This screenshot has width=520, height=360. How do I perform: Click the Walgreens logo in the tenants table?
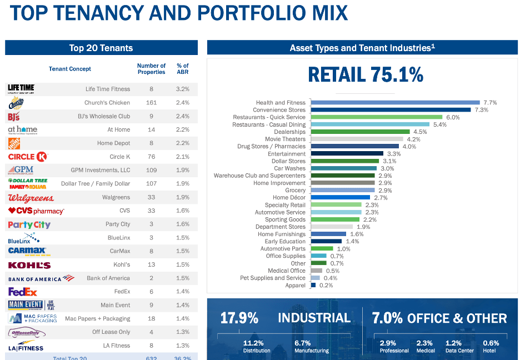pyautogui.click(x=31, y=197)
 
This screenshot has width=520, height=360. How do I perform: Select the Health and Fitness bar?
pyautogui.click(x=394, y=103)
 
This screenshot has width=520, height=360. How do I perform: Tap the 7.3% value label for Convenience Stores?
pyautogui.click(x=481, y=110)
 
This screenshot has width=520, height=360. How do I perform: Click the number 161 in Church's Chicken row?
pyautogui.click(x=151, y=103)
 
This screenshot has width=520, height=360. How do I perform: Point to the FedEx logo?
pyautogui.click(x=22, y=292)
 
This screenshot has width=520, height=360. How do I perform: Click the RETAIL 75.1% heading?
pyautogui.click(x=366, y=74)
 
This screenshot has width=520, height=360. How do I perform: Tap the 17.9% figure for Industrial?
pyautogui.click(x=239, y=318)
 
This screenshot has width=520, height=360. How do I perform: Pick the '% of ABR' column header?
pyautogui.click(x=183, y=69)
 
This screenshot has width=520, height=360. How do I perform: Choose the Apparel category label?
pyautogui.click(x=295, y=286)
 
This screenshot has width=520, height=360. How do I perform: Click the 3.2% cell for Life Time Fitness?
pyautogui.click(x=183, y=89)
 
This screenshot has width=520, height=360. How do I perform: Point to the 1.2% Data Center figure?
pyautogui.click(x=453, y=343)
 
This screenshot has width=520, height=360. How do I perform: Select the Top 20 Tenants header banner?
pyautogui.click(x=101, y=48)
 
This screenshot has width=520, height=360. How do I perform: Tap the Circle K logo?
pyautogui.click(x=27, y=157)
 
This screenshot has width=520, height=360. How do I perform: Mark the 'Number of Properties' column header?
pyautogui.click(x=151, y=69)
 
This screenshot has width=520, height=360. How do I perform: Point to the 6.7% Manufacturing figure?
pyautogui.click(x=302, y=343)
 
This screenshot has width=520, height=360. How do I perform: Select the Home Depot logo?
pyautogui.click(x=14, y=143)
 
